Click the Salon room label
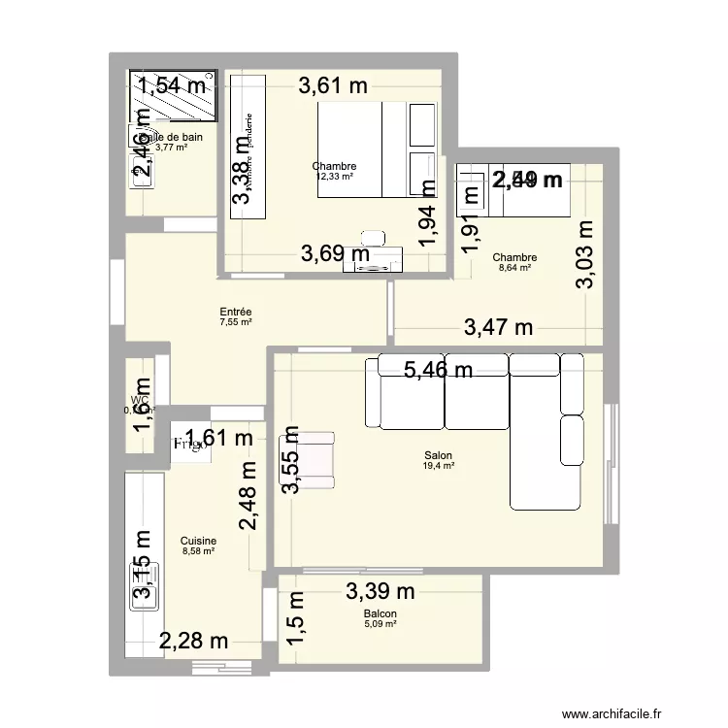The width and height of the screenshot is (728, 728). [x=439, y=454]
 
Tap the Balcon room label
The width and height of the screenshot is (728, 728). [x=380, y=613]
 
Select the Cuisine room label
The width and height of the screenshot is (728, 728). [x=198, y=541]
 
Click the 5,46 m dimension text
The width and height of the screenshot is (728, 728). [x=440, y=369]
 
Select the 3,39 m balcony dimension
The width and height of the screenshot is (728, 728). [x=380, y=590]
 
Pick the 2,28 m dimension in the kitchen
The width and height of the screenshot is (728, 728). [x=193, y=641]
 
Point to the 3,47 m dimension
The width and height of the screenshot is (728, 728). [x=498, y=328]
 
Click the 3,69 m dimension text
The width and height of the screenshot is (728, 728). [x=335, y=254]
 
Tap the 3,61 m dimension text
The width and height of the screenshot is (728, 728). [x=333, y=85]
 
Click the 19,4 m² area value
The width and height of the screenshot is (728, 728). [x=439, y=466]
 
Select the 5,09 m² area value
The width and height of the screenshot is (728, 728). [x=380, y=624]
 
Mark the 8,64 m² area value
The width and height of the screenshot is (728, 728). [x=514, y=268]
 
